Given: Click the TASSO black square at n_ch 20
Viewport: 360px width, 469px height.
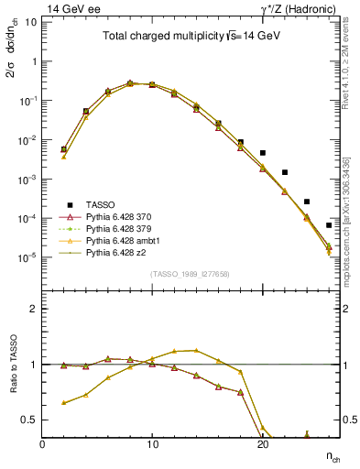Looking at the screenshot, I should [263, 153].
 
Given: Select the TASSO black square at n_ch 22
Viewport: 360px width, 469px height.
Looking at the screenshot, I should [285, 172].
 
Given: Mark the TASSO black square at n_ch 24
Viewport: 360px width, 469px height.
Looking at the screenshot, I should [307, 202].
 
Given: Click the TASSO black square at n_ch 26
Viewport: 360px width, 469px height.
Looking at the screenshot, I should [329, 225].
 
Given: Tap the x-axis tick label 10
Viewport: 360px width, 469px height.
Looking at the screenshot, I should [152, 444].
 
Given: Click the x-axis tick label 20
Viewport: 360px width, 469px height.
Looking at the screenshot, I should [262, 444].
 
